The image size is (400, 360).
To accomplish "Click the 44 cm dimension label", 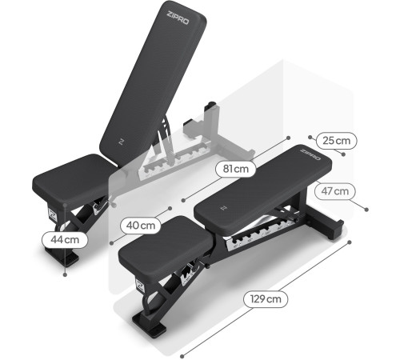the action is (x=65, y=240).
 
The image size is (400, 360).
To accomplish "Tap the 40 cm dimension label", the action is (x=141, y=226).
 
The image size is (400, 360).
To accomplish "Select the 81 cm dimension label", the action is (x=236, y=169).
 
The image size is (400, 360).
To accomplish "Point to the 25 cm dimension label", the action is (x=336, y=141).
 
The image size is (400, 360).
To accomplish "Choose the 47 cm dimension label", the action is (x=335, y=191).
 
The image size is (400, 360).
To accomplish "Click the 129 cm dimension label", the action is (x=266, y=299).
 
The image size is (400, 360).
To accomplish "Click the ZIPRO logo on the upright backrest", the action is (x=178, y=18).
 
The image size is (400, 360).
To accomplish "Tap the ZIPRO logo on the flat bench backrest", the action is (x=310, y=154).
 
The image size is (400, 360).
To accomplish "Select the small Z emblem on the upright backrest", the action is (x=122, y=142).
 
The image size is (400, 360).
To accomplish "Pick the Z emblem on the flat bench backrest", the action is (x=224, y=208).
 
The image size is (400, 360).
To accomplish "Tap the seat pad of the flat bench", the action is (x=166, y=246).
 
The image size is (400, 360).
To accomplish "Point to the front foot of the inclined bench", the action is (x=62, y=256).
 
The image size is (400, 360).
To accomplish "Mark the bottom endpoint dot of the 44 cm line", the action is (x=65, y=274).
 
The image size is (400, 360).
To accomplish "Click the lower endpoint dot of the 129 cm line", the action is (x=182, y=356).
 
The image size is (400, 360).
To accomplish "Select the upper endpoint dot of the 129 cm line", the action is (x=350, y=242).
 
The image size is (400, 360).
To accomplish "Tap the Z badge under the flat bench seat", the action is (x=140, y=286).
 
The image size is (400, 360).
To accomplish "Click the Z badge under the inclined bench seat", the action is (x=52, y=214).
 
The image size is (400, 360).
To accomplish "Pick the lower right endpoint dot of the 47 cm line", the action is (x=366, y=210).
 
